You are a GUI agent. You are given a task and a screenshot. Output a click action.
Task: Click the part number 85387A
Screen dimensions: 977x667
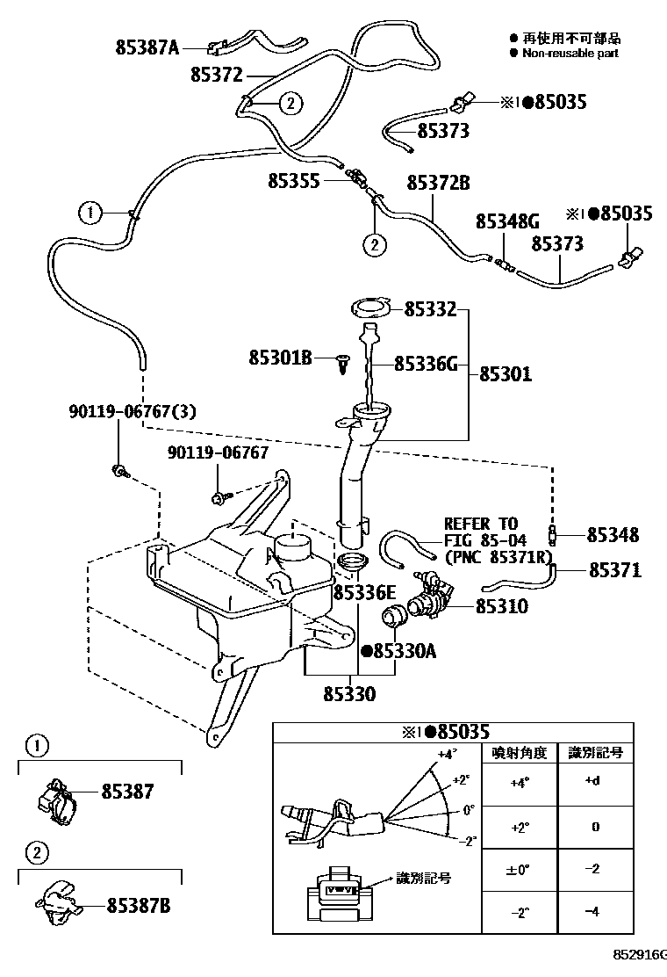click(147, 47)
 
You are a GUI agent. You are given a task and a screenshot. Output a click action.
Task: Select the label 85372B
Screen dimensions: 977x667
click(438, 183)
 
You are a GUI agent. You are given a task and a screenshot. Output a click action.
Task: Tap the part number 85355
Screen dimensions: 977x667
click(294, 181)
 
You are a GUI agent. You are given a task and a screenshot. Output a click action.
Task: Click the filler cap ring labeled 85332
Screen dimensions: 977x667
click(370, 308)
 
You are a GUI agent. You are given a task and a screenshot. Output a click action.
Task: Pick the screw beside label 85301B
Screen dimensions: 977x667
click(344, 362)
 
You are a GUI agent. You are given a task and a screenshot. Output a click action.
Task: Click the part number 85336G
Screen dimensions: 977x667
click(426, 363)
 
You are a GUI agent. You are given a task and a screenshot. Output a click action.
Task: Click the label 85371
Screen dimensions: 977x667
click(613, 570)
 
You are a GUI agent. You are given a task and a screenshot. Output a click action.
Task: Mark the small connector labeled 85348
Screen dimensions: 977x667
click(552, 533)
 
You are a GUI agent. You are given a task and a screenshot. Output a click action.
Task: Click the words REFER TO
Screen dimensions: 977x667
click(480, 524)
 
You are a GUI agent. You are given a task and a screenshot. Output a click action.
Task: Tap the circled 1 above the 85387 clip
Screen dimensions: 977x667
click(34, 747)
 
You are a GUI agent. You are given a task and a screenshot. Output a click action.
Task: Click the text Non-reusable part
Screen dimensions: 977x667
click(570, 53)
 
